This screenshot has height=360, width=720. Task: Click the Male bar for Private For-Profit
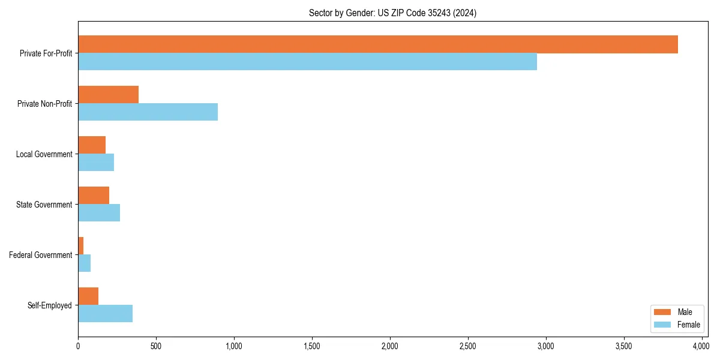tap(378, 44)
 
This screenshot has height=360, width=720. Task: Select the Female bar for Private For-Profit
tap(307, 62)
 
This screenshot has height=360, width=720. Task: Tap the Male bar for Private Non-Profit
tap(108, 95)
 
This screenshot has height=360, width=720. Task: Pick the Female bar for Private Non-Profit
tap(148, 112)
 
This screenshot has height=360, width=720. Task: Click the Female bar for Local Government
tap(96, 163)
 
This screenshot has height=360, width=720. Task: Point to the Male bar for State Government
tap(94, 196)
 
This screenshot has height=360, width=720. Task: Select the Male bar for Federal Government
tap(81, 246)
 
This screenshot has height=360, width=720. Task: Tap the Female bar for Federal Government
tap(85, 263)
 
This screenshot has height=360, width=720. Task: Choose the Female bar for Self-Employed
tap(105, 314)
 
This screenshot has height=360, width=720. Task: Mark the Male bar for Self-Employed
tap(88, 296)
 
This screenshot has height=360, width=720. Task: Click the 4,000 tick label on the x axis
tap(701, 346)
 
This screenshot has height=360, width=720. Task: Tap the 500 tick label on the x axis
tap(156, 346)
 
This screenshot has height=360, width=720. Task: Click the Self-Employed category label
tap(50, 305)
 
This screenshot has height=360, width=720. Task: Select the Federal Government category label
tap(41, 255)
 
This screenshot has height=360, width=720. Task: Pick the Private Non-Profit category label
tap(44, 104)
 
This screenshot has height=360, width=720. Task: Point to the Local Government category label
tap(44, 154)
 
